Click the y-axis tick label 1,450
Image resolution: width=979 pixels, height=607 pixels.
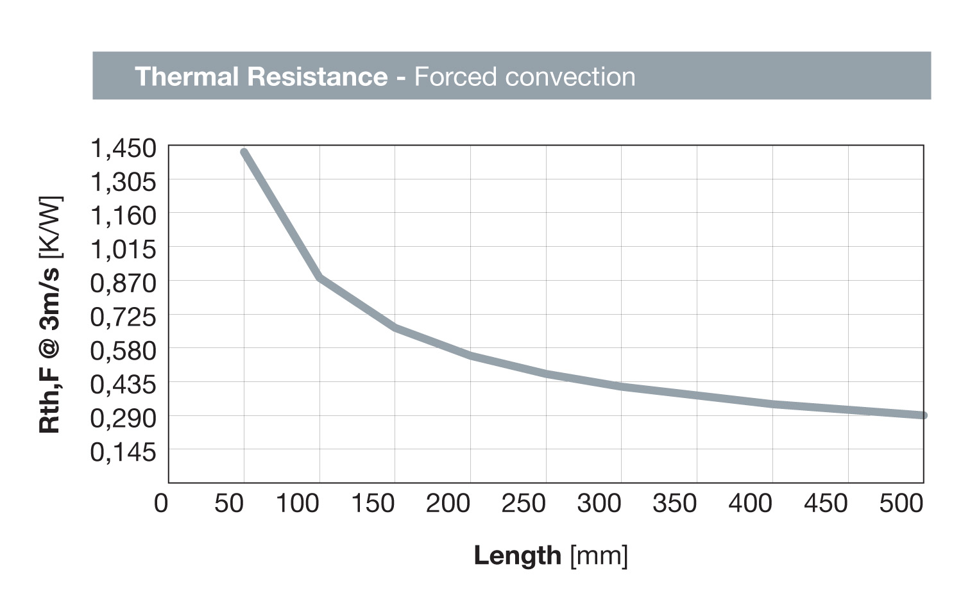(x=123, y=148)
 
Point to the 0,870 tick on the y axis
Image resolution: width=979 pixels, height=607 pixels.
(x=123, y=283)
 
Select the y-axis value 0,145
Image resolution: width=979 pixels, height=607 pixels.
(x=123, y=452)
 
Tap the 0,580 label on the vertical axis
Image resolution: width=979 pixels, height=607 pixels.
(x=123, y=351)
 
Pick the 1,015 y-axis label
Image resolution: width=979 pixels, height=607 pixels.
(x=123, y=249)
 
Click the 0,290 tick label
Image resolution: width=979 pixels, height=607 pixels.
(x=123, y=418)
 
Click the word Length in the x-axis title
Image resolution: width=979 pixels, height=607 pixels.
(x=517, y=555)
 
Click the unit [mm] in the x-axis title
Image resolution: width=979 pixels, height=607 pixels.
(x=599, y=555)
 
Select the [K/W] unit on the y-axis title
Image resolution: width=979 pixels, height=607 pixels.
(x=50, y=228)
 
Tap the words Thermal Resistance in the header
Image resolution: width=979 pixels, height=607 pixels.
(x=261, y=76)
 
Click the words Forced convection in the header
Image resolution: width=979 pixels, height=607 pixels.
(x=525, y=76)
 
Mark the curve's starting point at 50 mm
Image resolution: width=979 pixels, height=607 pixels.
(x=244, y=153)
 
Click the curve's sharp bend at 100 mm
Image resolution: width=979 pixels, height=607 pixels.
(x=319, y=278)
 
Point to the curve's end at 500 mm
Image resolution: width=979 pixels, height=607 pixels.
(x=923, y=415)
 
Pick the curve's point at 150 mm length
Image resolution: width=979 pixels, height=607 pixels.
(x=395, y=328)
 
